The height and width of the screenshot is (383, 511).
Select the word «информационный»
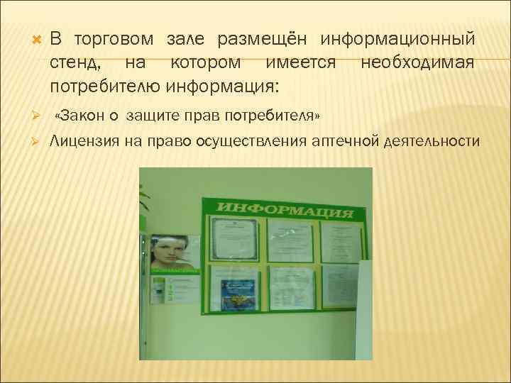click(x=398, y=38)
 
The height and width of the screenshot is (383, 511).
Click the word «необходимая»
click(x=417, y=63)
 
